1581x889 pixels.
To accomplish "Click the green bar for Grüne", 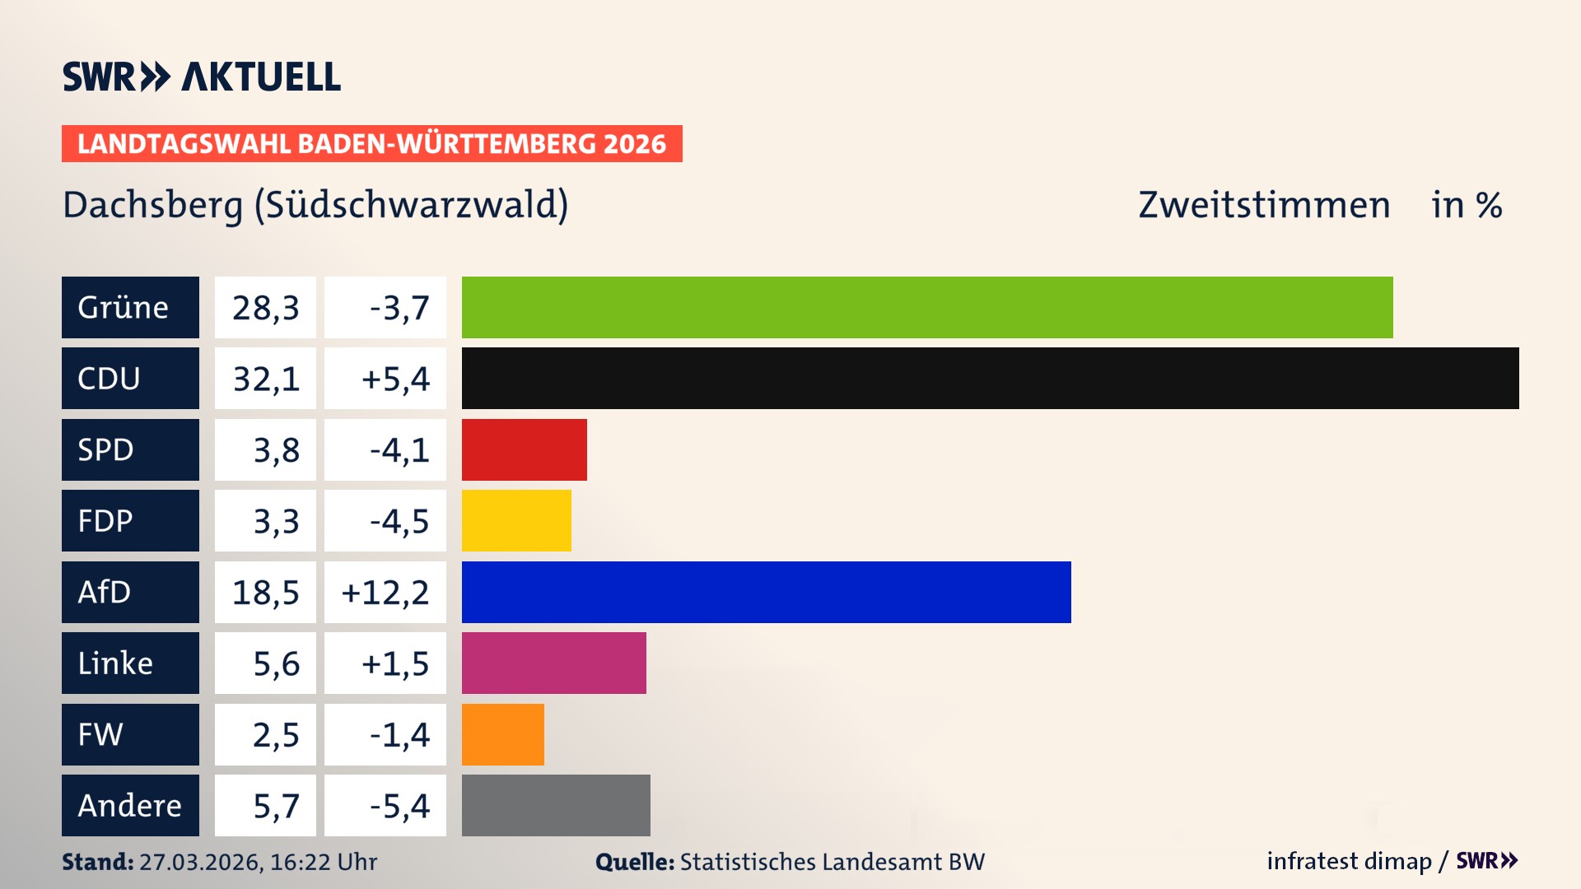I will tap(926, 307).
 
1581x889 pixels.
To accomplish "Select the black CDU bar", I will tap(990, 379).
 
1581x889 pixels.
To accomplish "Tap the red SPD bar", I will tap(524, 449).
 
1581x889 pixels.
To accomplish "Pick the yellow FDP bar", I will tap(516, 521).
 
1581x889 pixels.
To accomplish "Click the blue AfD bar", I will tap(766, 592).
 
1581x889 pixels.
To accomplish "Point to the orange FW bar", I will tap(502, 734).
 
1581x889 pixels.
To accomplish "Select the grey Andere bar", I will tap(556, 805).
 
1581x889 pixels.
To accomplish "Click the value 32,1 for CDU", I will tap(265, 379).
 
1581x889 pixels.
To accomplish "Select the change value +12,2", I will tap(385, 592).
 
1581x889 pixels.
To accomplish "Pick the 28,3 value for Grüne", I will tap(265, 307).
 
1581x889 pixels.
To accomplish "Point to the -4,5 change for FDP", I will tap(399, 521).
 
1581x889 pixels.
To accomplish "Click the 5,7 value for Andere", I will tap(275, 805).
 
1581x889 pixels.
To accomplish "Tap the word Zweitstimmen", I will tap(1264, 205).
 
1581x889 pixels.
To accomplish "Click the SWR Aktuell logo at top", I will tap(202, 77).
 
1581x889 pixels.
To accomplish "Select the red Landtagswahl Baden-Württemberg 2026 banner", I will tap(371, 143).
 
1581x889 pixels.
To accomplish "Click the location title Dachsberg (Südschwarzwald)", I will tap(315, 205).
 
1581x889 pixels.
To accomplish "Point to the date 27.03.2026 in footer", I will tap(200, 862).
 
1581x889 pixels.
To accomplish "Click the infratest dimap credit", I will tap(1349, 861).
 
